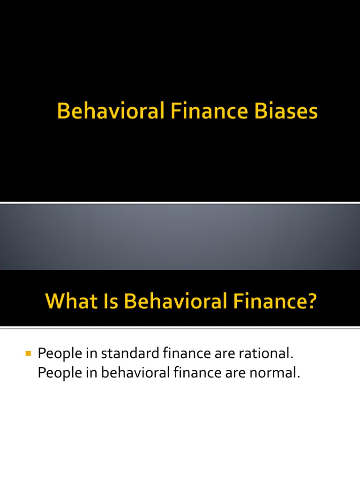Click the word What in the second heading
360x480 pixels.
click(67, 300)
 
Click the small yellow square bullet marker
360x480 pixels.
click(28, 352)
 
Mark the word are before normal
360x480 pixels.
click(240, 374)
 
